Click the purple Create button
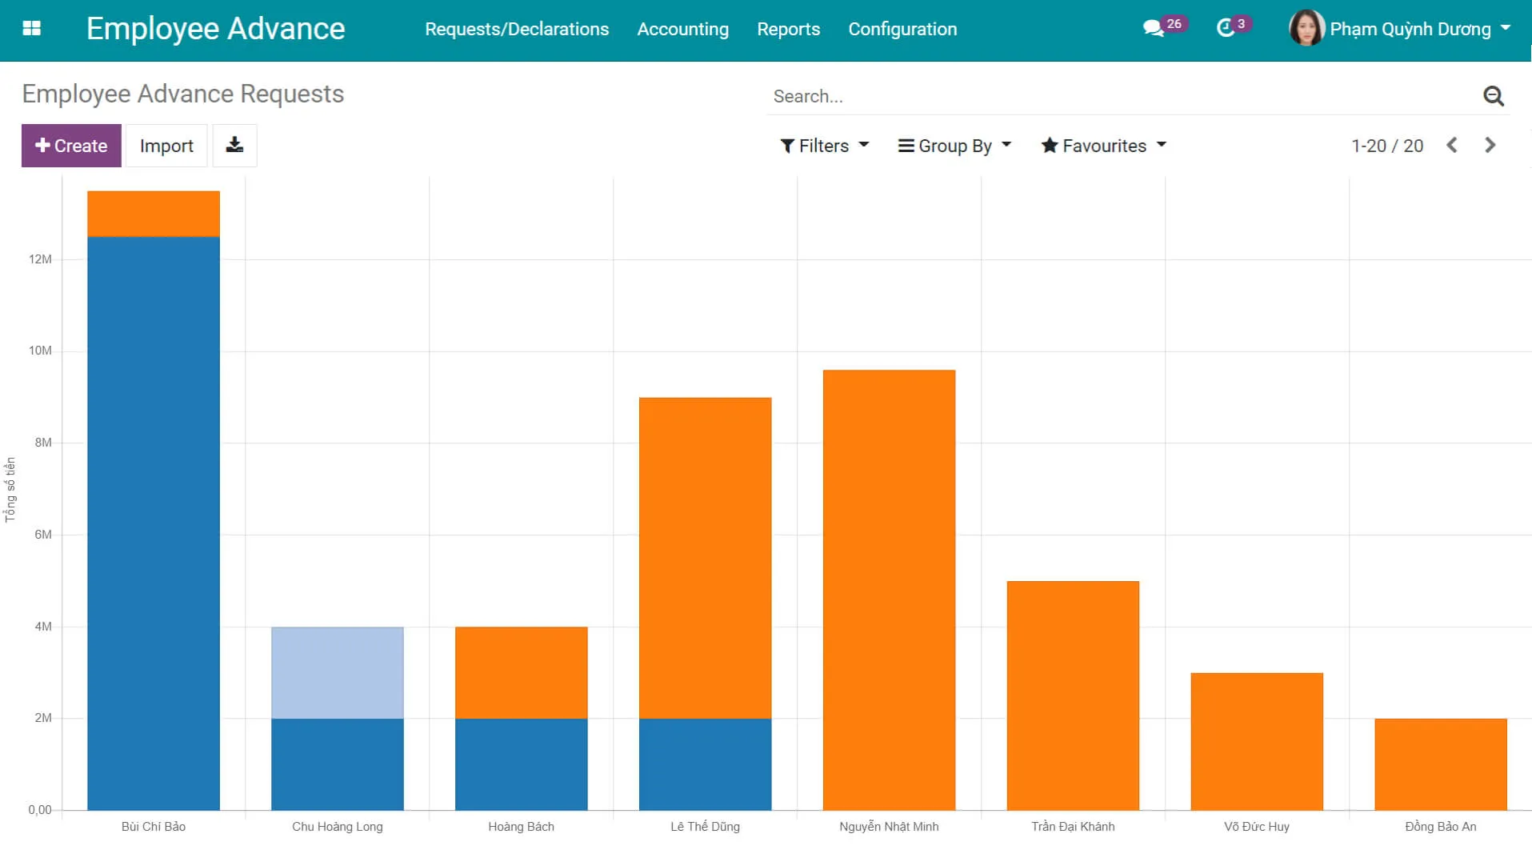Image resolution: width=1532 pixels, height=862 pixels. pos(71,146)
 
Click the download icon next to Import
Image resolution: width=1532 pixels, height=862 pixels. pos(234,145)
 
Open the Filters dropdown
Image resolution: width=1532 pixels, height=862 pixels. pos(824,146)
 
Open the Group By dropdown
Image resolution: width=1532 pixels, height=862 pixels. pos(954,146)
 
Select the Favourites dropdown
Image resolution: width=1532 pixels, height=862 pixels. pos(1103,146)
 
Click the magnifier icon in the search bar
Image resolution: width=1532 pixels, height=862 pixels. pos(1493,96)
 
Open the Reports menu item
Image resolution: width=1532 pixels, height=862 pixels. pos(788,30)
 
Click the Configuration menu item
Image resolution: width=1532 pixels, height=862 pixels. pos(902,30)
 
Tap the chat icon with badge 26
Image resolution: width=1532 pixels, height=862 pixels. pos(1153,29)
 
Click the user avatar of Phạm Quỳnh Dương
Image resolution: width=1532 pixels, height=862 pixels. pos(1306,29)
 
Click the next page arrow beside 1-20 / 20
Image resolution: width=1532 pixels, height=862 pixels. pos(1490,146)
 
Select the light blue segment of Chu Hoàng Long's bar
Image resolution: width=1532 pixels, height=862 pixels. pos(337,672)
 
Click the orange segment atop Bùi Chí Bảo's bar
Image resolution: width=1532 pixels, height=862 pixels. pos(153,214)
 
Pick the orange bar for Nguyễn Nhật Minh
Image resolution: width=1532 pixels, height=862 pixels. pos(889,590)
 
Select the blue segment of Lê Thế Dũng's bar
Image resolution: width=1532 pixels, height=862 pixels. pos(705,764)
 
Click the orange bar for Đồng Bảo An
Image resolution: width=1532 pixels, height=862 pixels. pos(1440,764)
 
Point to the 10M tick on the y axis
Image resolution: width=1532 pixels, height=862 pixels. pos(40,351)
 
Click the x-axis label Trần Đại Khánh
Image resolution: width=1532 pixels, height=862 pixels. pos(1072,826)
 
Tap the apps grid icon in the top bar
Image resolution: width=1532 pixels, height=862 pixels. pos(32,29)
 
